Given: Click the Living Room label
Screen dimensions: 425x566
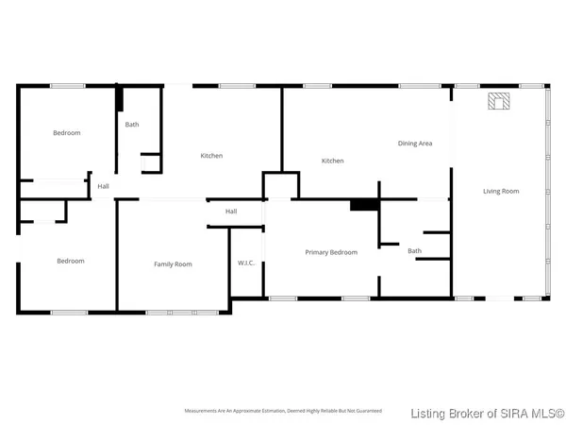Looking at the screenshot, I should click(501, 192).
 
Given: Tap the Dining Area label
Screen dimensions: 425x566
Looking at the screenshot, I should click(414, 144).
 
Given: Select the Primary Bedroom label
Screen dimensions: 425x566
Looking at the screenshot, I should click(330, 252).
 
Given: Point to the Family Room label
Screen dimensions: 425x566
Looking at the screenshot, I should click(173, 264).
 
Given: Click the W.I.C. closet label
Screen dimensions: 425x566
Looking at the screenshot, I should click(246, 263).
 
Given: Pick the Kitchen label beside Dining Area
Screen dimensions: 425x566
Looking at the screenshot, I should click(332, 161).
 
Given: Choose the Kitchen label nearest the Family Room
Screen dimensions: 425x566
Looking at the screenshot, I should click(211, 156).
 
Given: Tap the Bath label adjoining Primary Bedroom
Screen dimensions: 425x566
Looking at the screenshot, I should click(414, 251).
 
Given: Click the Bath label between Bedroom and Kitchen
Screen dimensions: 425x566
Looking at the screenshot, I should click(132, 125).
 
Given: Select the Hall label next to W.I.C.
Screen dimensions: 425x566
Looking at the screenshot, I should click(231, 212).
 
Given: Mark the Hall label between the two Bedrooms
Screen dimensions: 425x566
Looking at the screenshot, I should click(103, 186).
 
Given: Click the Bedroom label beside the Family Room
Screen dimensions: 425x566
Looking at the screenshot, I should click(70, 262).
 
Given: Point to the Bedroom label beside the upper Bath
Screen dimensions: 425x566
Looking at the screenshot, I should click(66, 133).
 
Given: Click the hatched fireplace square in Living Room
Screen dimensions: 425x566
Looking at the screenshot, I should click(496, 101).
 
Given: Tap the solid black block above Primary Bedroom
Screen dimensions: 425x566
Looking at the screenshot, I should click(363, 204).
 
